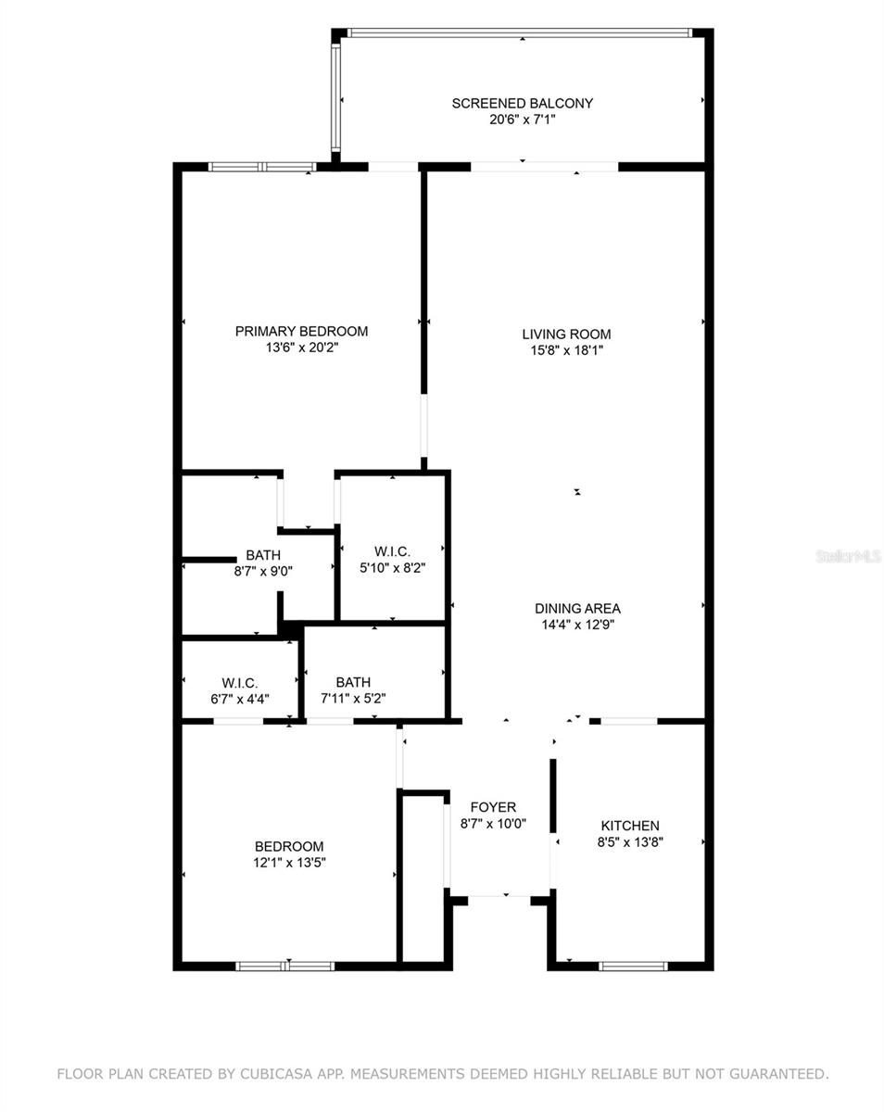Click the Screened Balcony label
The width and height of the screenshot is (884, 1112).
point(522,103)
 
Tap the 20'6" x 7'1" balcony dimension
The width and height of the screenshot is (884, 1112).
point(522,119)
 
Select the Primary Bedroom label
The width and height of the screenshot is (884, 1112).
point(301,331)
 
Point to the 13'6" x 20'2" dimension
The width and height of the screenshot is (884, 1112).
point(301,347)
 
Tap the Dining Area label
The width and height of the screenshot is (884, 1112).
point(577,608)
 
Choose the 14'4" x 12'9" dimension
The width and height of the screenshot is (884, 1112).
point(577,625)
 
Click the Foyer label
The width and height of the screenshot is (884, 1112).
point(493,807)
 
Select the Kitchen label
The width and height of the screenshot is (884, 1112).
point(630,826)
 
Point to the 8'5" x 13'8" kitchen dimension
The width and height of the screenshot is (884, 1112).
point(630,842)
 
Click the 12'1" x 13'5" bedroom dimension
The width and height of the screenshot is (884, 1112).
point(289,862)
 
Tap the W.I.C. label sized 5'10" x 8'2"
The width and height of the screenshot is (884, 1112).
point(392,551)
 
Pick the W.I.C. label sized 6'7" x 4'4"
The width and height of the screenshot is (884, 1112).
point(239,683)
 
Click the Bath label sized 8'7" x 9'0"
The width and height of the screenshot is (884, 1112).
point(263,555)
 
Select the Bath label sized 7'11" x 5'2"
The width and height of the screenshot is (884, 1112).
point(353,682)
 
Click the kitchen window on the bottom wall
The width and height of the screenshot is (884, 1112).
point(633,966)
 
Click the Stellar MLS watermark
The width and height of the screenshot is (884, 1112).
point(847,556)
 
